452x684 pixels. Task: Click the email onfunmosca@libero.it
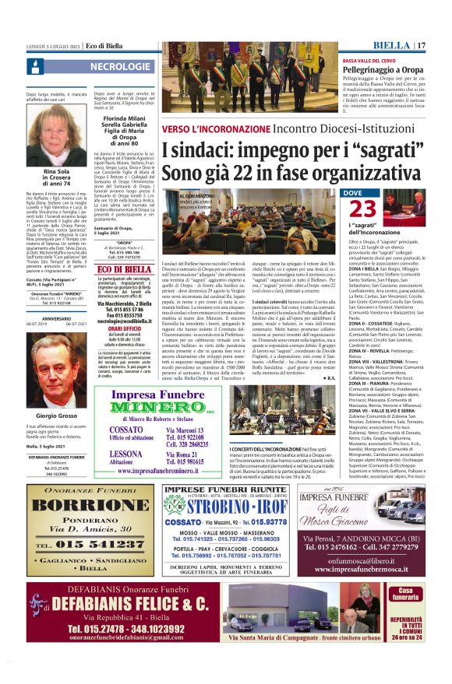click(x=383, y=559)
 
